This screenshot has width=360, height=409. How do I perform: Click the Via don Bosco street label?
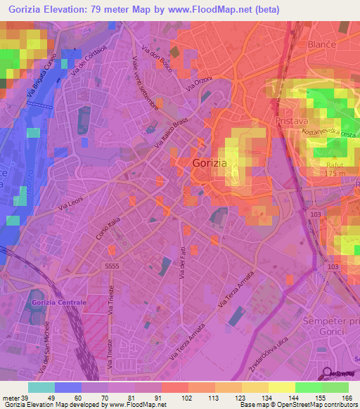pos(155,59)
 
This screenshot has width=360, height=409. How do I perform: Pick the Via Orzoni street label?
pos(199,82)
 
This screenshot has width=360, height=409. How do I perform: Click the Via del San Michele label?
pos(44,351)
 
